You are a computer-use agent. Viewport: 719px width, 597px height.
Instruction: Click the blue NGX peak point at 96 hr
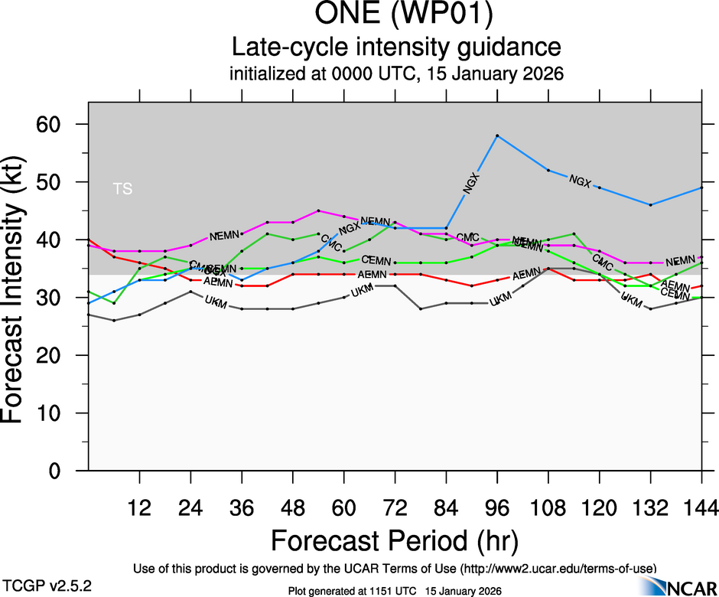tap(497, 135)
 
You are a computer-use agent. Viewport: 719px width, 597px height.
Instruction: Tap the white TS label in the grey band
tap(122, 189)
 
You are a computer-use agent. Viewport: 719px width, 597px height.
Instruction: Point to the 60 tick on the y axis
tap(59, 124)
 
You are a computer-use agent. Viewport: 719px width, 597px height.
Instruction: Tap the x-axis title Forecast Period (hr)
tap(395, 540)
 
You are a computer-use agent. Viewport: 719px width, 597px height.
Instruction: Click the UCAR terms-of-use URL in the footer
tap(558, 569)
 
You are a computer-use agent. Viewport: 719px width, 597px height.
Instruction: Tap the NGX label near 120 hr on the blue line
tap(581, 181)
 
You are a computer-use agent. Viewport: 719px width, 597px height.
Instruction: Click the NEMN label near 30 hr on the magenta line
tap(225, 235)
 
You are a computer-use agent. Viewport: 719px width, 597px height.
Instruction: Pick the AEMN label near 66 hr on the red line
tap(373, 274)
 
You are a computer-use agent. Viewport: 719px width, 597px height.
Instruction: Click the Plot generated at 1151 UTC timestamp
tap(395, 591)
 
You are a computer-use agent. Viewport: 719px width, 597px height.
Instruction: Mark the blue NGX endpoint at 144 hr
tap(701, 188)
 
